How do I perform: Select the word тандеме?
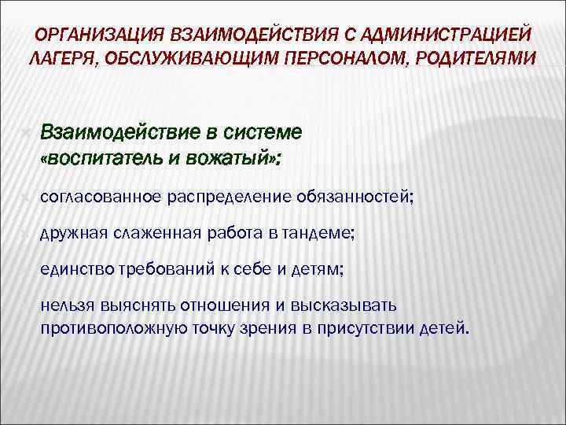(x=325, y=233)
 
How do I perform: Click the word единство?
(x=72, y=269)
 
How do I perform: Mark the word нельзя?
(x=64, y=305)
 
